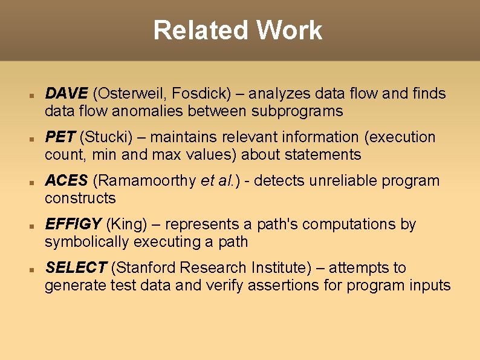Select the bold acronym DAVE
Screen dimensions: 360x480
(66, 94)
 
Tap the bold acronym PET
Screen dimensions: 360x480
(60, 137)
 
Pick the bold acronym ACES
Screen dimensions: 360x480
(66, 181)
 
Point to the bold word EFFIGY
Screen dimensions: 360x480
(73, 224)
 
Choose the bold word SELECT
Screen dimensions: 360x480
(76, 268)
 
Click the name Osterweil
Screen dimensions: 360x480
(131, 94)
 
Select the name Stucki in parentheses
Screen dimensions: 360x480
(105, 137)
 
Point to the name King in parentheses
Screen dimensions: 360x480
(126, 224)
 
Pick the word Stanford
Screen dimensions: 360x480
(146, 268)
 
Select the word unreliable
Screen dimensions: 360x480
(336, 181)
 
